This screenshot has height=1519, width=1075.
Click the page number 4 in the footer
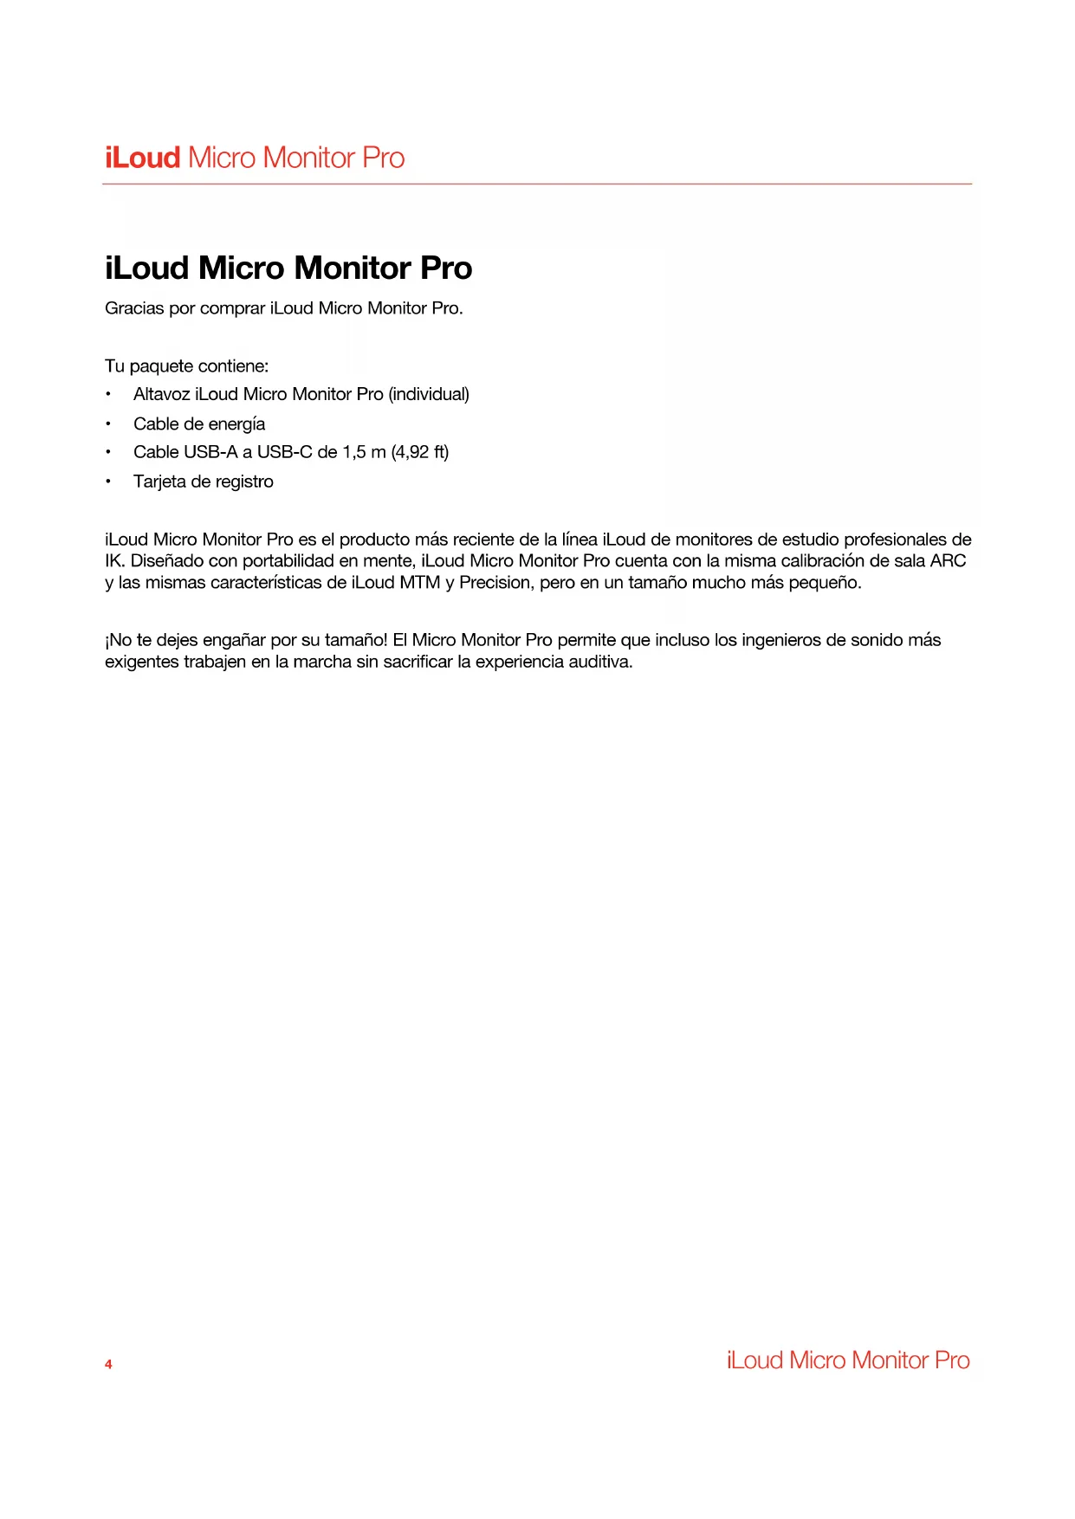click(108, 1365)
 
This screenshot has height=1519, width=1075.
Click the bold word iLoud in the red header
click(143, 158)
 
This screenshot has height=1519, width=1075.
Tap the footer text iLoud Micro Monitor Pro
click(848, 1361)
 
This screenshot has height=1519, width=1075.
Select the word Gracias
click(134, 308)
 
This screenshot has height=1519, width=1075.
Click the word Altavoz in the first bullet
click(161, 394)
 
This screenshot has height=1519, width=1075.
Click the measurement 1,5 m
click(364, 452)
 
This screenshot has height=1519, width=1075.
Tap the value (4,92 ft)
click(420, 452)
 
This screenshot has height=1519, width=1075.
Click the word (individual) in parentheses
click(429, 394)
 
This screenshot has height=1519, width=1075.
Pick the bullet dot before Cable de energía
click(108, 424)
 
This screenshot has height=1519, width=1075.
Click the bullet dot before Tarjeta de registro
click(108, 482)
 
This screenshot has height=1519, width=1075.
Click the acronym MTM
click(420, 583)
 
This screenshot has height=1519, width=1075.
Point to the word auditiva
click(600, 663)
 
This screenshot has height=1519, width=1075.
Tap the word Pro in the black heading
click(446, 268)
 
